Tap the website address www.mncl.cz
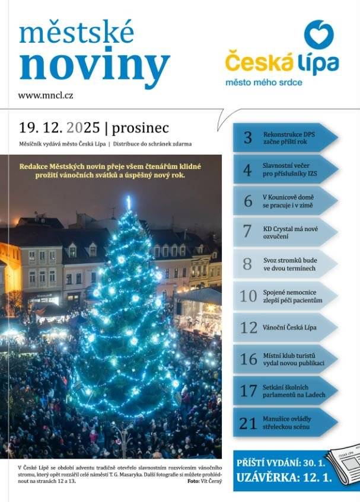tap(46, 95)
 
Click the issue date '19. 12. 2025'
tap(59, 127)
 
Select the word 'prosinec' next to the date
tap(141, 127)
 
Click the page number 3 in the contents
tap(247, 138)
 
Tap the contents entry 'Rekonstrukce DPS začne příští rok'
tap(289, 138)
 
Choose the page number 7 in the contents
tap(247, 231)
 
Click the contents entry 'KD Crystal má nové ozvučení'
tap(289, 231)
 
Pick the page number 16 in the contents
tap(248, 359)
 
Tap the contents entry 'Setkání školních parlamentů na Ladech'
tap(294, 391)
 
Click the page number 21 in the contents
tap(248, 423)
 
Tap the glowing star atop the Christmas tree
tap(128, 203)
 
